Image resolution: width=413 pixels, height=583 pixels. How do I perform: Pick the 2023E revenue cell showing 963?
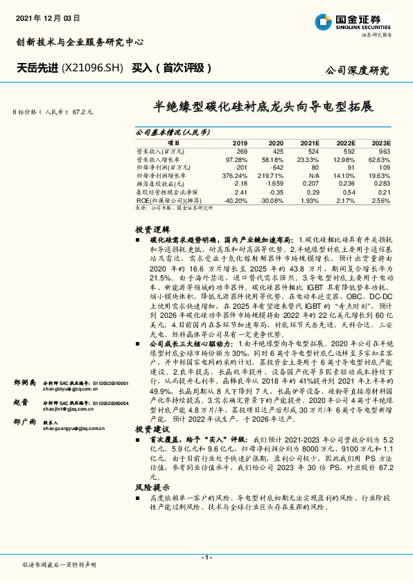(384, 151)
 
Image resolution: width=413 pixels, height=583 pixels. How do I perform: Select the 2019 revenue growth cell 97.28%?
(236, 159)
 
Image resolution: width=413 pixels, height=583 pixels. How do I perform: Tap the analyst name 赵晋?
(21, 402)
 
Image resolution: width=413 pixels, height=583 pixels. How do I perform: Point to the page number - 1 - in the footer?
(206, 557)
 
